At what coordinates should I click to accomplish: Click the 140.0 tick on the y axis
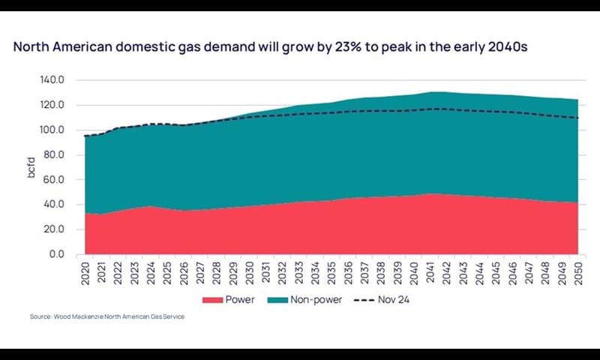pyautogui.click(x=62, y=79)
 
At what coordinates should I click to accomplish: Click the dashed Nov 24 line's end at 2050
pyautogui.click(x=577, y=118)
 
